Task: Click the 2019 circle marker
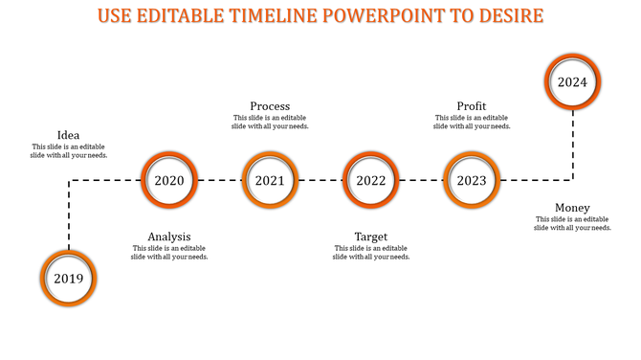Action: pos(69,279)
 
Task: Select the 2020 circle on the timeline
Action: pos(169,180)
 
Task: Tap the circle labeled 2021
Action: pos(270,180)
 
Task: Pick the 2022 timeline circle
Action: pos(371,180)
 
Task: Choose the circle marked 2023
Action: pos(472,180)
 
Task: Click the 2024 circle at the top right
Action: pos(572,82)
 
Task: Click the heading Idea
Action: pos(69,135)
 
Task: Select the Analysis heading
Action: pos(169,236)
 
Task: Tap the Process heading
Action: pos(270,106)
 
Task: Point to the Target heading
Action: pos(371,236)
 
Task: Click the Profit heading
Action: pos(472,106)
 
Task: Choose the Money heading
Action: pos(572,208)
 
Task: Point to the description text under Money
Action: pos(572,223)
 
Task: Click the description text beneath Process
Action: pos(270,122)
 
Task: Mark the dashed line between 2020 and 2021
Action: pos(220,180)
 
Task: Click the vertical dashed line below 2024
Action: pos(572,144)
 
